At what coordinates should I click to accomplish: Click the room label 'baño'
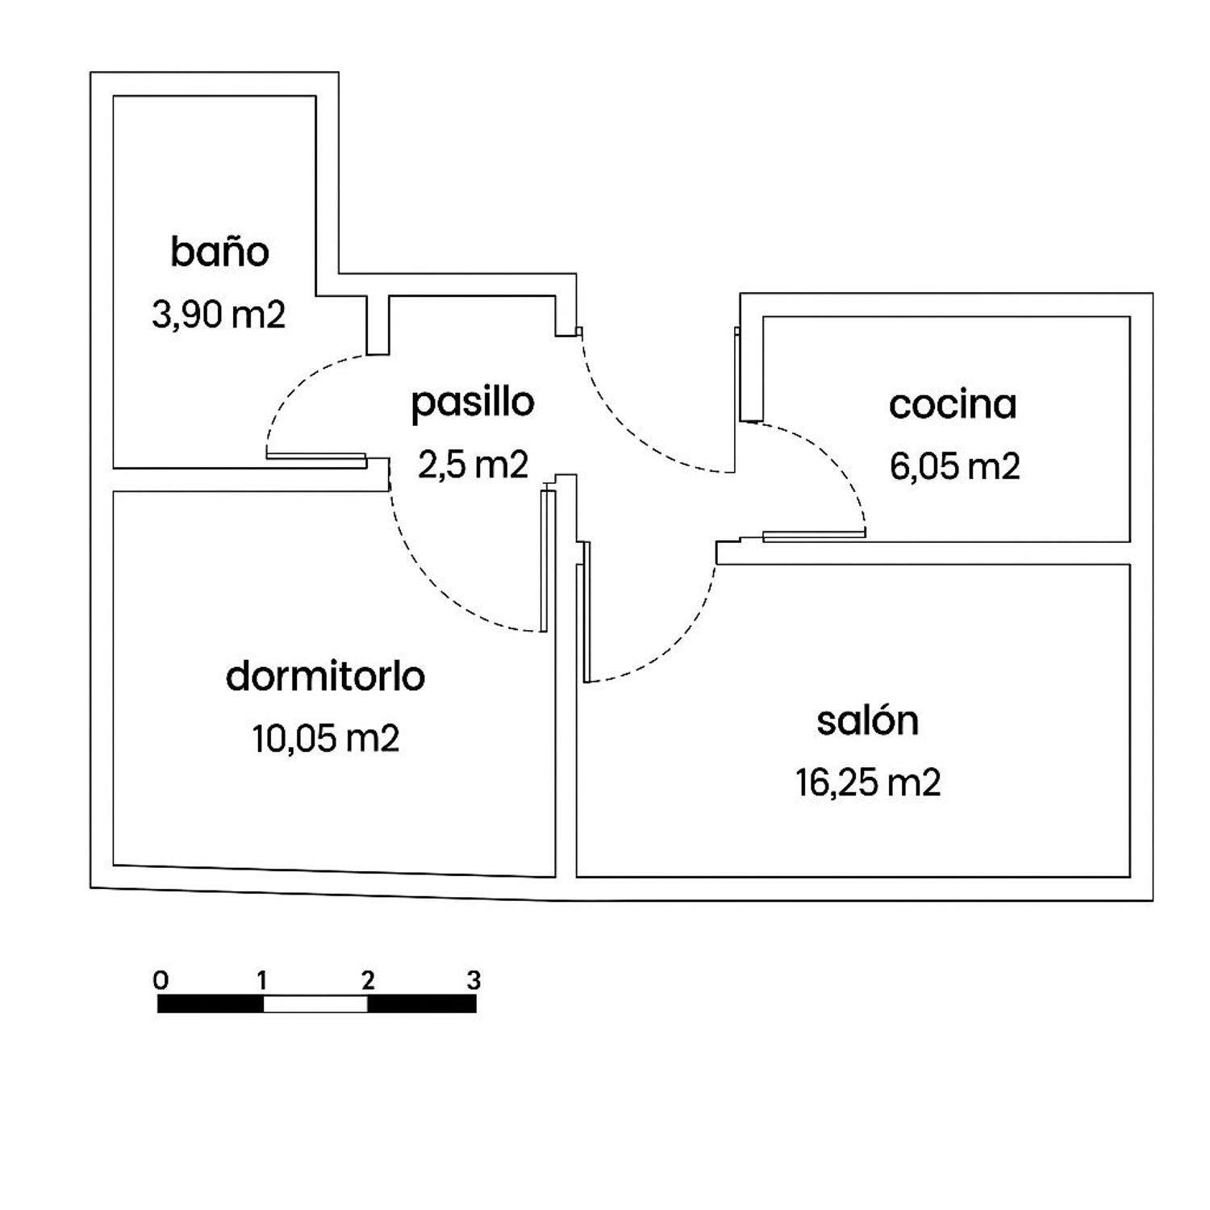[219, 252]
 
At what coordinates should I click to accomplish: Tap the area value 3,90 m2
[219, 315]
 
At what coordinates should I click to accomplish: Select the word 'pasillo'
[473, 403]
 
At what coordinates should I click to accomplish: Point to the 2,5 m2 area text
[473, 465]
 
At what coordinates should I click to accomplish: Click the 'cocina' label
[953, 405]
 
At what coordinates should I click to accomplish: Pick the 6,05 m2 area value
[955, 467]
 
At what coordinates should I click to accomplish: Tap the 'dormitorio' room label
[326, 676]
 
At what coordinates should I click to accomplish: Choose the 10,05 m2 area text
[326, 739]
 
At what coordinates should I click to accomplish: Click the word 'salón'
[868, 721]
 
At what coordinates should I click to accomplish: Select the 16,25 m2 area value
[868, 783]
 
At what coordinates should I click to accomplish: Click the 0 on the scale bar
[161, 981]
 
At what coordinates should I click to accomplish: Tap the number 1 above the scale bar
[262, 981]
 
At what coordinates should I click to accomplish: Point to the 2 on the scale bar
[368, 981]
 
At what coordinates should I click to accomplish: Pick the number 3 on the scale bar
[474, 981]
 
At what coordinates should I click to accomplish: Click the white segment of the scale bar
[315, 1004]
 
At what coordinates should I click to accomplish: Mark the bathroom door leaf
[316, 457]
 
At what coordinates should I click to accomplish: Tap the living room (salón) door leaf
[587, 611]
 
